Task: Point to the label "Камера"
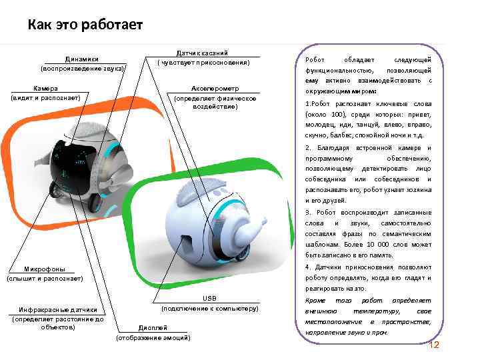(x=45, y=89)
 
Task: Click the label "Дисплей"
(x=153, y=329)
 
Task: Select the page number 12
(x=434, y=345)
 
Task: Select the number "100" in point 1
(x=335, y=113)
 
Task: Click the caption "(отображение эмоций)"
(x=153, y=338)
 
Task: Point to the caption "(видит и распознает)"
(x=45, y=98)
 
